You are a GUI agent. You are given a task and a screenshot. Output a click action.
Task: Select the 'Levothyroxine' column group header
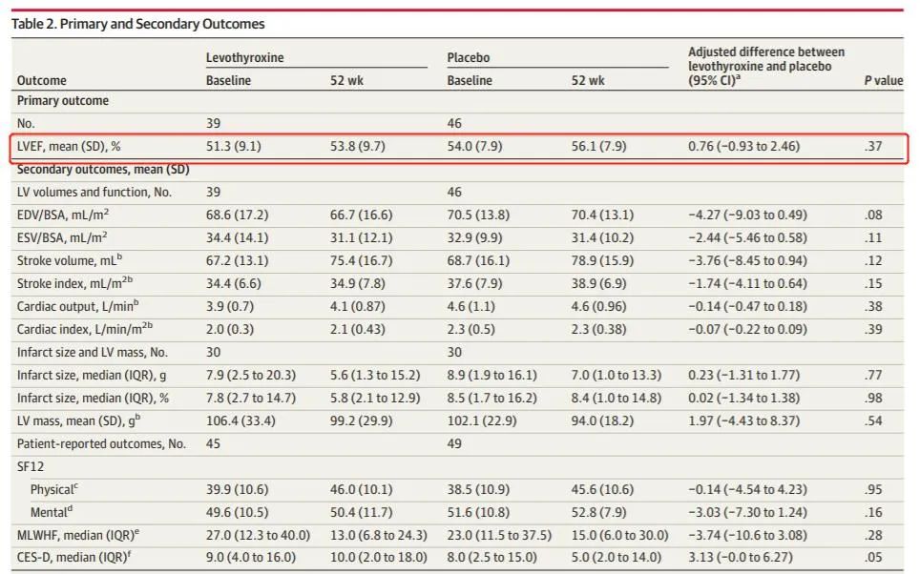[244, 58]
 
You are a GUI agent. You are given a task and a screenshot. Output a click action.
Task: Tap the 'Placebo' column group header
[470, 58]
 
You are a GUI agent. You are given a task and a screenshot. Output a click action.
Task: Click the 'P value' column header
[883, 81]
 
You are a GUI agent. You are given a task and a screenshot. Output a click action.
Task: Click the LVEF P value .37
[873, 146]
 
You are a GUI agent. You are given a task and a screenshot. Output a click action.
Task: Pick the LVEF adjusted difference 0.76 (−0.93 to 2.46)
[744, 146]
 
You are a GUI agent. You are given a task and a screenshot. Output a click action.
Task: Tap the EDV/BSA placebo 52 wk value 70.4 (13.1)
[602, 215]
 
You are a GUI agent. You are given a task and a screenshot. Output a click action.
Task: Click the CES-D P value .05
[873, 558]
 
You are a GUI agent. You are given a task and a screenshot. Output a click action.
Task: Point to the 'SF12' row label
[31, 466]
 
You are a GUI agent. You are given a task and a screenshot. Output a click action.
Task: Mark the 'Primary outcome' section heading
[63, 101]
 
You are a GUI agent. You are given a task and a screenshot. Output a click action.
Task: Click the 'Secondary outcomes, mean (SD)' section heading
[103, 169]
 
